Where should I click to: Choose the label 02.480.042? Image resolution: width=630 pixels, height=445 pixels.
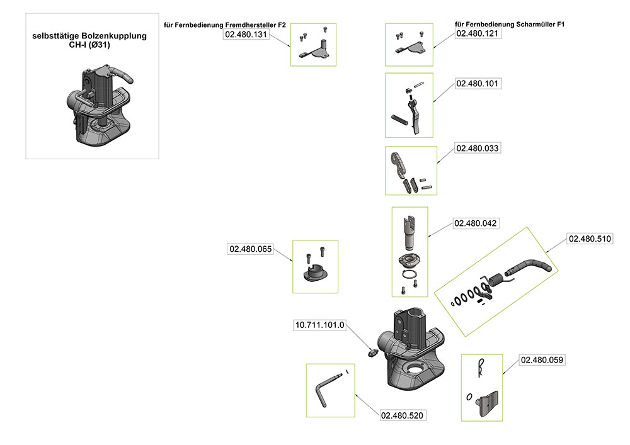click(476, 223)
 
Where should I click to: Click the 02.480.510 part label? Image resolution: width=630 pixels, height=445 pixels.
click(590, 239)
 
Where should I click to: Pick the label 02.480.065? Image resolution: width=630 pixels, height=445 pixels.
click(250, 249)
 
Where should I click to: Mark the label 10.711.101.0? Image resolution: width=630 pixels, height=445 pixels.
click(321, 325)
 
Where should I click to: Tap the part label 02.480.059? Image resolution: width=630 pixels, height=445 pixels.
click(542, 360)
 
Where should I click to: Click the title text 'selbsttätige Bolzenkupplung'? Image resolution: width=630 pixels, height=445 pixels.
click(89, 37)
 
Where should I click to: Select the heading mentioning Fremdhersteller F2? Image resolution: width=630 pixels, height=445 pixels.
click(225, 25)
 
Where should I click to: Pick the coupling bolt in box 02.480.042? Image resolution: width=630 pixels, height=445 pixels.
click(409, 232)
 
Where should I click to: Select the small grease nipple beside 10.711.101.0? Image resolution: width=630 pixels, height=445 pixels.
click(371, 351)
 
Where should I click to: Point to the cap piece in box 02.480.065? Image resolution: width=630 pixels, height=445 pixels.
click(315, 274)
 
